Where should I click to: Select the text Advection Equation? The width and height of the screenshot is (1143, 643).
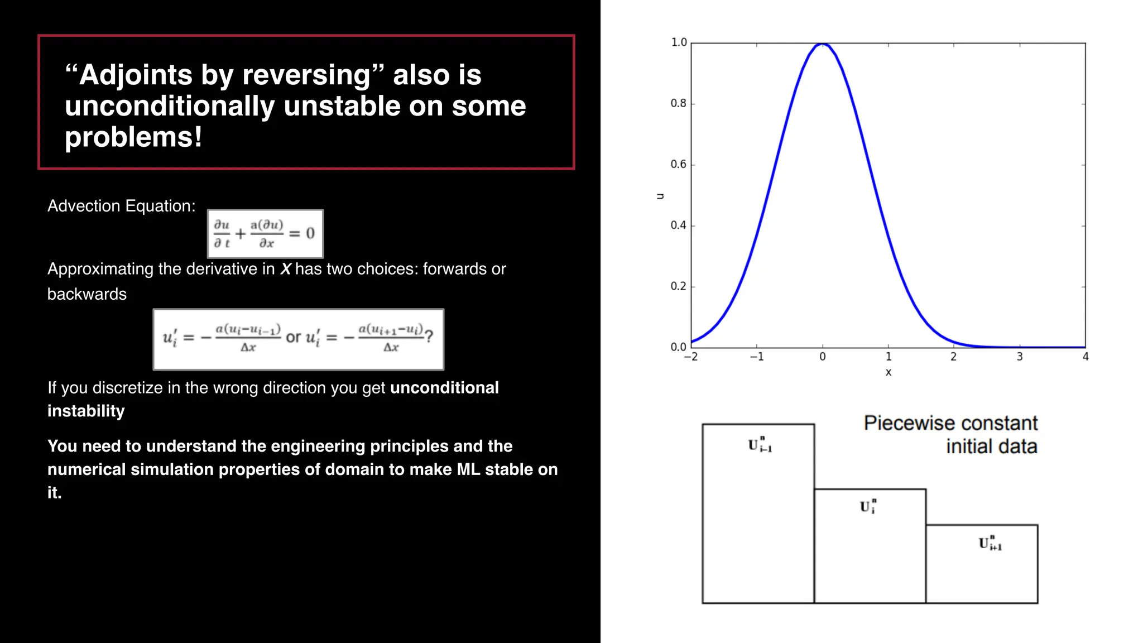pyautogui.click(x=121, y=206)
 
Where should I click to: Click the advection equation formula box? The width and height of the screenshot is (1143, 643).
pyautogui.click(x=265, y=234)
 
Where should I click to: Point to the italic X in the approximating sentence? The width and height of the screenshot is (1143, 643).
pyautogui.click(x=286, y=269)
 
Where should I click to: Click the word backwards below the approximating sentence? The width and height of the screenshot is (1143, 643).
pyautogui.click(x=87, y=294)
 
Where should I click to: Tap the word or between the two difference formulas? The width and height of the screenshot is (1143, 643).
pyautogui.click(x=293, y=337)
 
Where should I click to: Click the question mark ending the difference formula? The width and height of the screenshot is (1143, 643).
pyautogui.click(x=429, y=337)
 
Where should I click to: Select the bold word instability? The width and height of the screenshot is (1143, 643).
pyautogui.click(x=86, y=411)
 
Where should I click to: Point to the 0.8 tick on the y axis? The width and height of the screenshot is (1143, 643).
pyautogui.click(x=678, y=103)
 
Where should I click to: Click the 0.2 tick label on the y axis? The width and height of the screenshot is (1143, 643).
pyautogui.click(x=678, y=286)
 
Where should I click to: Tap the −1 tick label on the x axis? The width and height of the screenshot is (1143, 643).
pyautogui.click(x=756, y=357)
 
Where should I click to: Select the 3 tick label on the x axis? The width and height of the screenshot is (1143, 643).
pyautogui.click(x=1019, y=357)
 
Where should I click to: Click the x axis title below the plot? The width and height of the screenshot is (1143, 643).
pyautogui.click(x=888, y=372)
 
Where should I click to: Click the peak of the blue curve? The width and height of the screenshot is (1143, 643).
pyautogui.click(x=823, y=44)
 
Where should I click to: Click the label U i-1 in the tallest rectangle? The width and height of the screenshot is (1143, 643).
pyautogui.click(x=760, y=445)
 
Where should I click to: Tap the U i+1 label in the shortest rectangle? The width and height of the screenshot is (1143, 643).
pyautogui.click(x=990, y=543)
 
